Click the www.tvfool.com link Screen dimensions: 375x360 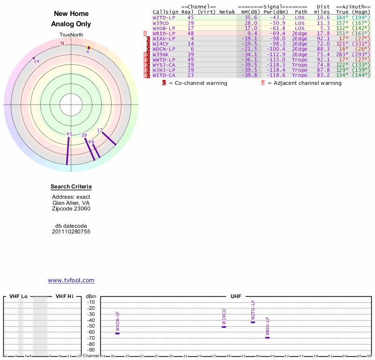(71, 280)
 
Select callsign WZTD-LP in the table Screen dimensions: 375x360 (164, 17)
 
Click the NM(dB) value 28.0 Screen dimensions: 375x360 (251, 23)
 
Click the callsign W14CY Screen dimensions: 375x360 (160, 44)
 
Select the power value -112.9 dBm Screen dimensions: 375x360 (276, 54)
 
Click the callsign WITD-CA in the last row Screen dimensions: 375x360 (164, 75)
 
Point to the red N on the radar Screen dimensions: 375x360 (62, 43)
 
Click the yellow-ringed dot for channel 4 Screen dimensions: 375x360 (89, 48)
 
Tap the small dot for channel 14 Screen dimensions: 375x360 (34, 58)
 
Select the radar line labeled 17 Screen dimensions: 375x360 (109, 138)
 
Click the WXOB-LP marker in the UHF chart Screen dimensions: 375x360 (118, 333)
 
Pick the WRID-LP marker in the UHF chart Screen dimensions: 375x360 (267, 338)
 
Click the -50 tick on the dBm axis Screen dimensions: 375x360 (91, 326)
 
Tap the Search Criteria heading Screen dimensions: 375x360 (71, 187)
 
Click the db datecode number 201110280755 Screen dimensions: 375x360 (71, 232)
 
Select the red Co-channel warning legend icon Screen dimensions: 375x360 (164, 83)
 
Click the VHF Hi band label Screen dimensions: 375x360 (64, 296)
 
